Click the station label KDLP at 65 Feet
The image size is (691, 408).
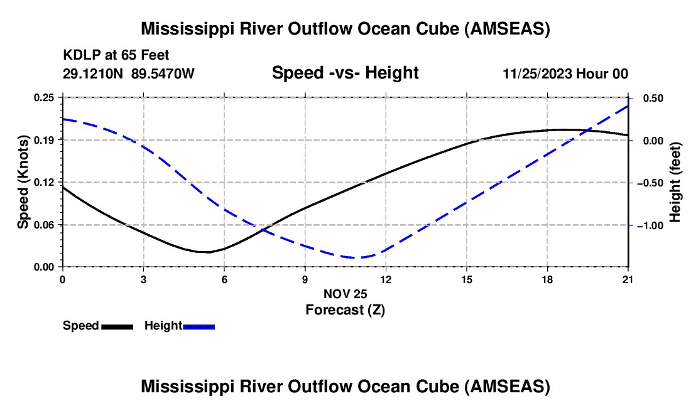pyautogui.click(x=116, y=56)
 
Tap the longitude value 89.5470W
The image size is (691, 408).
pyautogui.click(x=163, y=73)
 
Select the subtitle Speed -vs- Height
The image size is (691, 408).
pyautogui.click(x=345, y=73)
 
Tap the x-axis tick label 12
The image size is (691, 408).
pyautogui.click(x=386, y=279)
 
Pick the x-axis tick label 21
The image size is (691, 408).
pyautogui.click(x=628, y=279)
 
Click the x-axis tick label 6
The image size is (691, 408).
pyautogui.click(x=224, y=279)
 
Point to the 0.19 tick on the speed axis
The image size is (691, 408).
pyautogui.click(x=45, y=140)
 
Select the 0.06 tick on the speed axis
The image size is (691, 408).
pyautogui.click(x=45, y=225)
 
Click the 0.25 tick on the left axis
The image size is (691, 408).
pyautogui.click(x=45, y=98)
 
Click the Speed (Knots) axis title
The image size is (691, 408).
pyautogui.click(x=23, y=182)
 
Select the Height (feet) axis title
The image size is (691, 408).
pyautogui.click(x=675, y=182)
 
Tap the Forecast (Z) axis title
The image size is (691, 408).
pyautogui.click(x=345, y=309)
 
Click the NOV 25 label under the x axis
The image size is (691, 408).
pyautogui.click(x=345, y=294)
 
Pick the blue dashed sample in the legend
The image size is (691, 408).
pyautogui.click(x=199, y=326)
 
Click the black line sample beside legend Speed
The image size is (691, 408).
pyautogui.click(x=117, y=326)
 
